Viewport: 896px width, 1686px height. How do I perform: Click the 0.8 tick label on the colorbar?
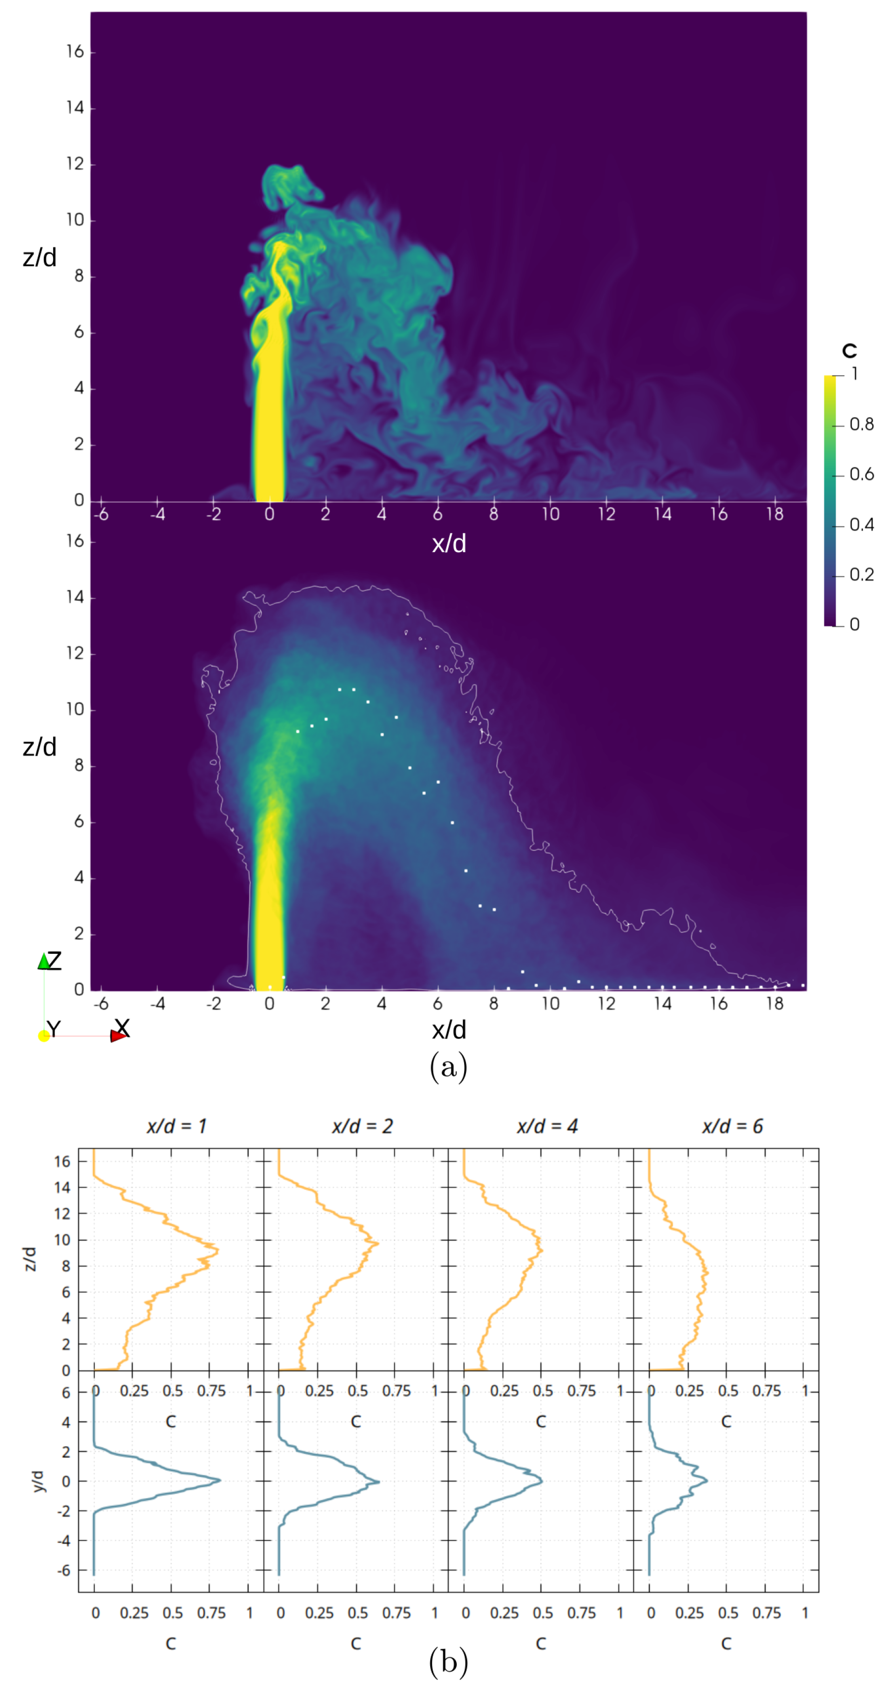coord(861,425)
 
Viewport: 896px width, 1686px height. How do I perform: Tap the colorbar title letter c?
coord(849,351)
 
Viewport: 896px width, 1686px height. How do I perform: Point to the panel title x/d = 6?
coord(732,1126)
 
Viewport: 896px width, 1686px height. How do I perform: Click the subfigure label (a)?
coord(448,1067)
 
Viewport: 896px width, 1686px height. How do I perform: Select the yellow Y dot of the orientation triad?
coord(44,1035)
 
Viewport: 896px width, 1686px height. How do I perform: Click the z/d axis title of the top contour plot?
coord(39,258)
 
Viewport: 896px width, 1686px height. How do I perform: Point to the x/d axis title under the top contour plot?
coord(449,544)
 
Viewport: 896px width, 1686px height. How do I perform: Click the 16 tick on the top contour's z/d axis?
coord(75,52)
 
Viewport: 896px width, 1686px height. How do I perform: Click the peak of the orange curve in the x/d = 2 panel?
coord(377,1243)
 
